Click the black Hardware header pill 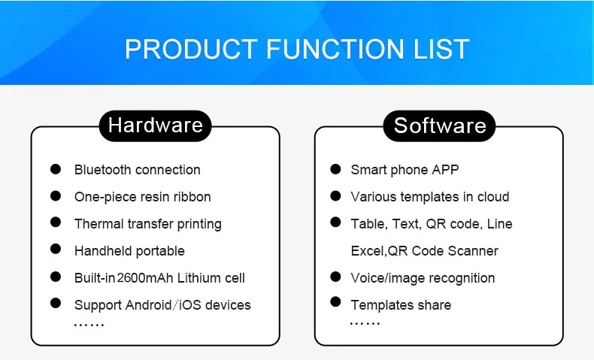(x=155, y=125)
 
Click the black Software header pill (x=439, y=125)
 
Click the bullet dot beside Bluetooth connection (x=56, y=169)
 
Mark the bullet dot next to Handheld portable (x=56, y=250)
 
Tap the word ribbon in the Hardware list (x=191, y=197)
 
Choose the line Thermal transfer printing (x=147, y=224)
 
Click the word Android (x=147, y=305)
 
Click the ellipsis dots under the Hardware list (x=89, y=325)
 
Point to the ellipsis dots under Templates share (x=365, y=324)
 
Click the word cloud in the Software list (x=492, y=197)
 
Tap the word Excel (x=367, y=251)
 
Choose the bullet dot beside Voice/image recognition (x=335, y=277)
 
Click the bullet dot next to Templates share (x=335, y=303)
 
